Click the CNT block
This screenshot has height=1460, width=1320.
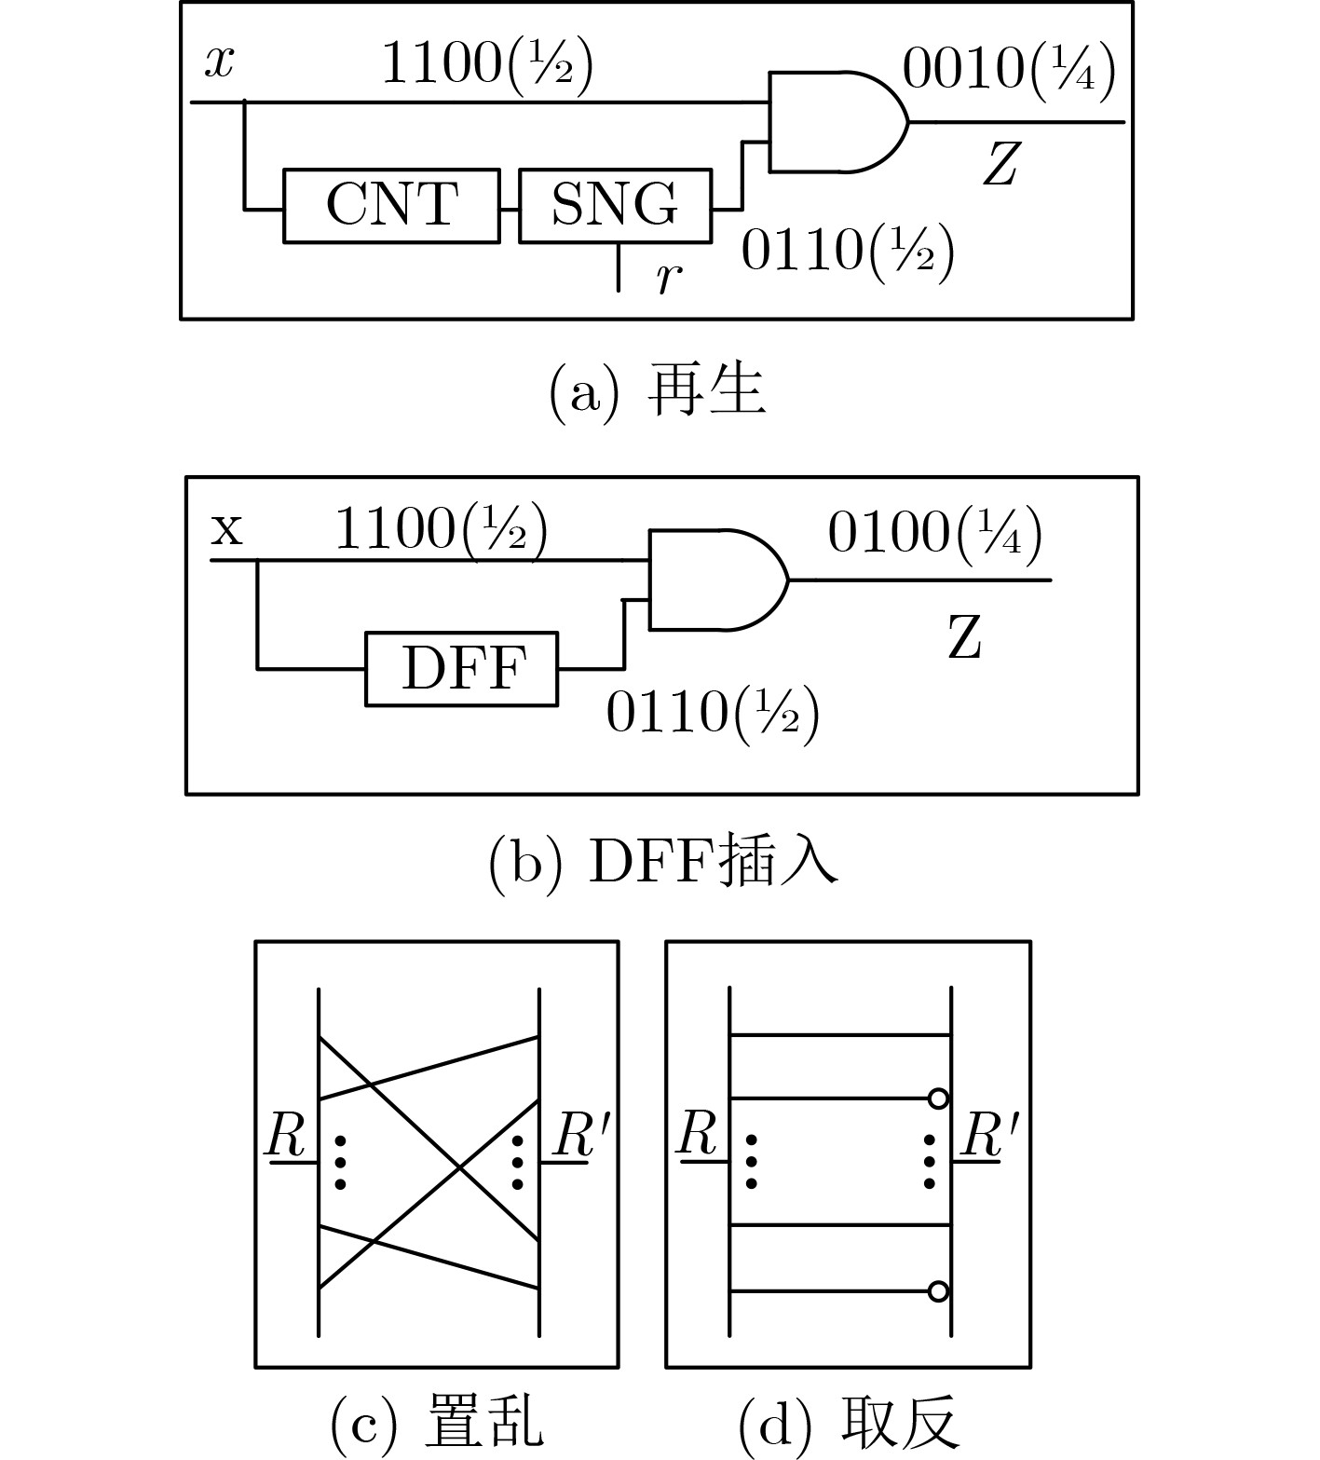tap(391, 205)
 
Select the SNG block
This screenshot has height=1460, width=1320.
tap(615, 205)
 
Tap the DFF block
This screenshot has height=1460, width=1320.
tap(462, 669)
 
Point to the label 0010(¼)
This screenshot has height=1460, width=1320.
tap(1009, 70)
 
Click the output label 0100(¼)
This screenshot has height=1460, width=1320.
tap(934, 535)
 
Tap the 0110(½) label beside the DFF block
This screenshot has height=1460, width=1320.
tap(713, 714)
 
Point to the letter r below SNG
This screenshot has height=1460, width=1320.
tap(665, 276)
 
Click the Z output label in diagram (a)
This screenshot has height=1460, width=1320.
tap(1000, 165)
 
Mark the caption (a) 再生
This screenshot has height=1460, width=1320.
tap(658, 392)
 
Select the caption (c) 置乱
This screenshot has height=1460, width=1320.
tap(436, 1423)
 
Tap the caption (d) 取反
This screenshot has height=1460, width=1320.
tap(848, 1423)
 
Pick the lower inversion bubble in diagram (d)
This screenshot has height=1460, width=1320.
tap(938, 1291)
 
